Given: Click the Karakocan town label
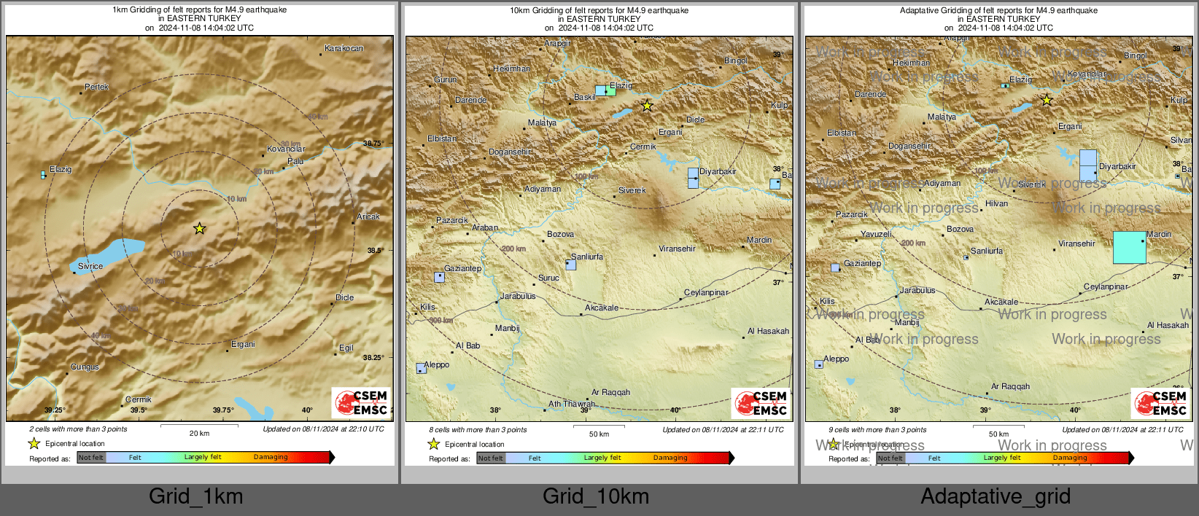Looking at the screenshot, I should click(344, 49).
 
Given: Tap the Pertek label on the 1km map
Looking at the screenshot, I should click(96, 87).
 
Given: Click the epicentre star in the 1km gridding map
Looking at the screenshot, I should click(199, 229).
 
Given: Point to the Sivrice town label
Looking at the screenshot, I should click(90, 267).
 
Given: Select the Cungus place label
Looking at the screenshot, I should click(85, 367).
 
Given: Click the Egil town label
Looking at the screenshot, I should click(346, 348).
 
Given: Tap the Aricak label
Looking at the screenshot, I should click(368, 217).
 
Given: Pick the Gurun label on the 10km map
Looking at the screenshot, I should click(446, 80).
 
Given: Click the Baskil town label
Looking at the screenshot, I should click(584, 98).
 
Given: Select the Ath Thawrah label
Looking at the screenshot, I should click(572, 404).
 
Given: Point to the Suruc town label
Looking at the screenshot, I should click(548, 278).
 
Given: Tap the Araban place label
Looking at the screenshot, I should click(485, 228).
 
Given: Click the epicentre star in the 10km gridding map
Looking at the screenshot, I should click(647, 106).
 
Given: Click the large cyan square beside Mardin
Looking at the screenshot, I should click(1129, 248).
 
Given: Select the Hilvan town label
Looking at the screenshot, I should click(996, 204).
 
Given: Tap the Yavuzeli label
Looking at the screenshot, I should click(876, 235).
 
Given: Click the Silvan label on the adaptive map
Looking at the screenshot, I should click(1181, 141).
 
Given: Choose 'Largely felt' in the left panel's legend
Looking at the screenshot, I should click(203, 458).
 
